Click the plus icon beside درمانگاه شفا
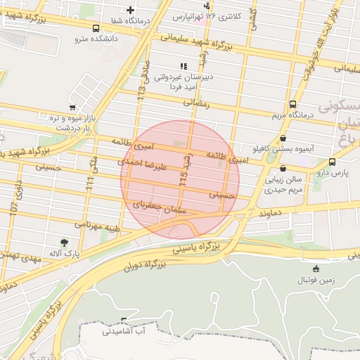coord(129,10)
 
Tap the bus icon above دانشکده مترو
coord(95,28)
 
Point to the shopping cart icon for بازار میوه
coord(72,108)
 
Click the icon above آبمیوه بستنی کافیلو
coord(283,139)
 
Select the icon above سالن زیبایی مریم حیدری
coord(283,169)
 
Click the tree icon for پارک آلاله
coord(64,243)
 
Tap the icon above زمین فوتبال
coord(316,269)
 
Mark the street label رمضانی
coord(197,102)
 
